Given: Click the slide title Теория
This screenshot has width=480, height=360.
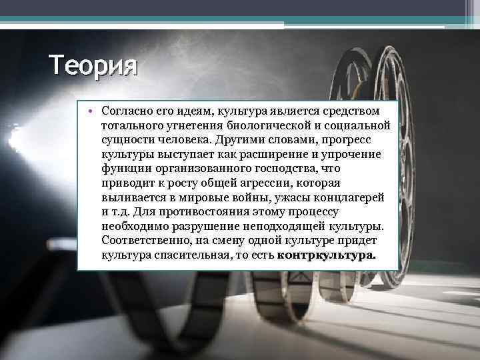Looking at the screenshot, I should pyautogui.click(x=93, y=67).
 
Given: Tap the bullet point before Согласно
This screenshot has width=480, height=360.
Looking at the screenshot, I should pyautogui.click(x=87, y=109).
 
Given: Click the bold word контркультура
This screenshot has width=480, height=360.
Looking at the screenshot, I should pyautogui.click(x=326, y=255).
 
